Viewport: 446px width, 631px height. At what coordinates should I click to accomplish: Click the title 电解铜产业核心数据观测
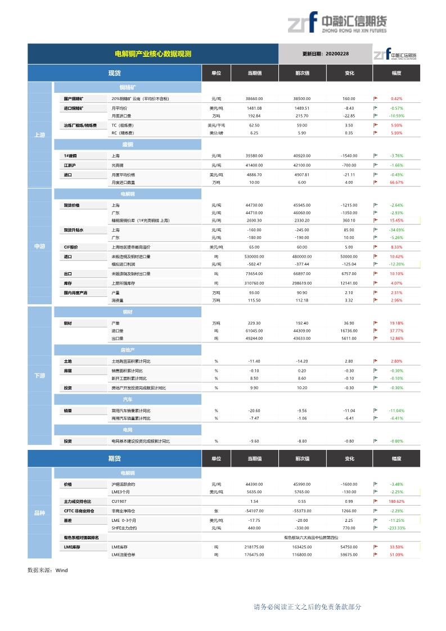[x=153, y=54]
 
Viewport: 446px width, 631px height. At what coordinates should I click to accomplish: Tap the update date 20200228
[x=326, y=54]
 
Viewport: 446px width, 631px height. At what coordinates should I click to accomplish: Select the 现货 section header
[x=115, y=73]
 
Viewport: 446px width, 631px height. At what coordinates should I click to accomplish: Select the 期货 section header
[x=115, y=458]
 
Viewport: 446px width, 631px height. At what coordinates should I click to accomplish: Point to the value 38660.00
[x=254, y=98]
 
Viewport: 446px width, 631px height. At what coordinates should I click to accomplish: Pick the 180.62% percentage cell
[x=397, y=501]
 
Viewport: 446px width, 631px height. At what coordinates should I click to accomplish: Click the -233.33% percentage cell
[x=397, y=528]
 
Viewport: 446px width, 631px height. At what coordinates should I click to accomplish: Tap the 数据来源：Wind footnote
[x=47, y=570]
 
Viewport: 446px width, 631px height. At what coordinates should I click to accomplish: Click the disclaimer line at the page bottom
[x=307, y=607]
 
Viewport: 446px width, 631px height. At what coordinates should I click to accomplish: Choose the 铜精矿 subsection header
[x=127, y=88]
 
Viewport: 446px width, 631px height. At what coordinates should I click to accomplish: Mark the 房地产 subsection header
[x=127, y=350]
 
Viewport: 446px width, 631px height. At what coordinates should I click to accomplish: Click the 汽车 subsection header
[x=127, y=399]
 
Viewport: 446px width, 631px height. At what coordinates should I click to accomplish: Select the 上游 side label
[x=39, y=135]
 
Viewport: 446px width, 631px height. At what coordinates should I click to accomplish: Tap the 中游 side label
[x=39, y=246]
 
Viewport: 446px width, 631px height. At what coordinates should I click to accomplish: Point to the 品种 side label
[x=39, y=513]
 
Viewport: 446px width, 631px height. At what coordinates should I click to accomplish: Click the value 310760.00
[x=254, y=283]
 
